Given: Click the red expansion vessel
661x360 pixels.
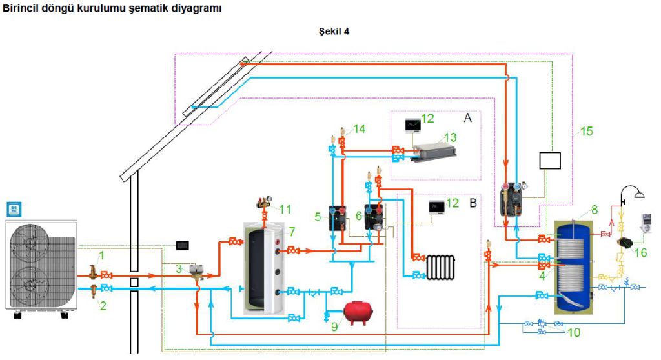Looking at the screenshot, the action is (358, 313).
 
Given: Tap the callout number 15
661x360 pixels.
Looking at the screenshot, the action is (586, 132).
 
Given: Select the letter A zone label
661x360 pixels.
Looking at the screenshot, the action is (467, 118).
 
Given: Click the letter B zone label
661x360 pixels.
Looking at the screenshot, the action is (473, 203).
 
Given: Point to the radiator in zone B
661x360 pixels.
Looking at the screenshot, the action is (440, 267).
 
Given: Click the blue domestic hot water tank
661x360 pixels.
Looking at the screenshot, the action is (573, 265).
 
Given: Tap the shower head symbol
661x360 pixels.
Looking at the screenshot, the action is (633, 192).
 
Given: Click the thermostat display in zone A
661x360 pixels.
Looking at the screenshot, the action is (412, 125).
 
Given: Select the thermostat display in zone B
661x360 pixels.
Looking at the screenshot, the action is (437, 207).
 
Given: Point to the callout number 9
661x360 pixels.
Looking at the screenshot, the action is (334, 326).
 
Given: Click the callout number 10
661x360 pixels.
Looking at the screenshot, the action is (574, 333).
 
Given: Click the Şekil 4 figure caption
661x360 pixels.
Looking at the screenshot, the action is (334, 31).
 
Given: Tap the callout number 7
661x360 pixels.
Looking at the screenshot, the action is (292, 232).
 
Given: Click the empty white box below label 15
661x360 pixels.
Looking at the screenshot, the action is (550, 161).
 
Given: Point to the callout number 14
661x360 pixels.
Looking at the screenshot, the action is (359, 128).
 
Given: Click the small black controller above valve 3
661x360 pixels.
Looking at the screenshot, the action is (182, 245).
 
